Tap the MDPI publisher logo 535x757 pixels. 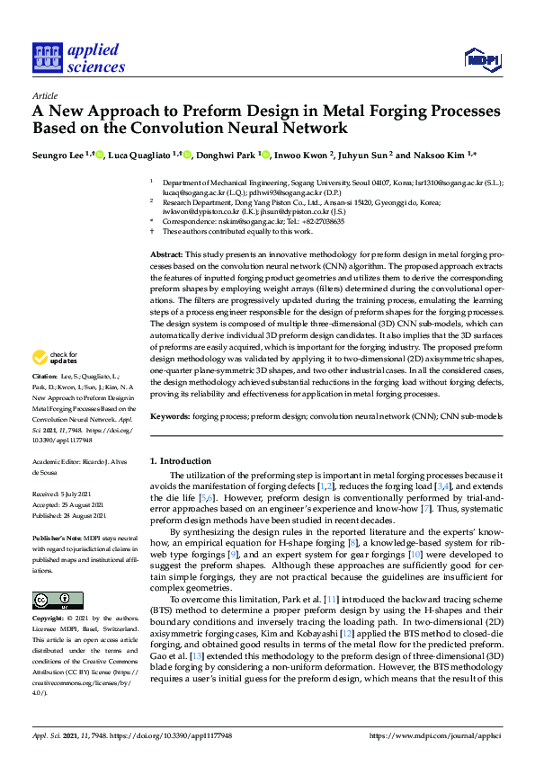coord(481,60)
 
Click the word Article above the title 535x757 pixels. coord(44,96)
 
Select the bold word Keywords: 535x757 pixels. coord(168,416)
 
